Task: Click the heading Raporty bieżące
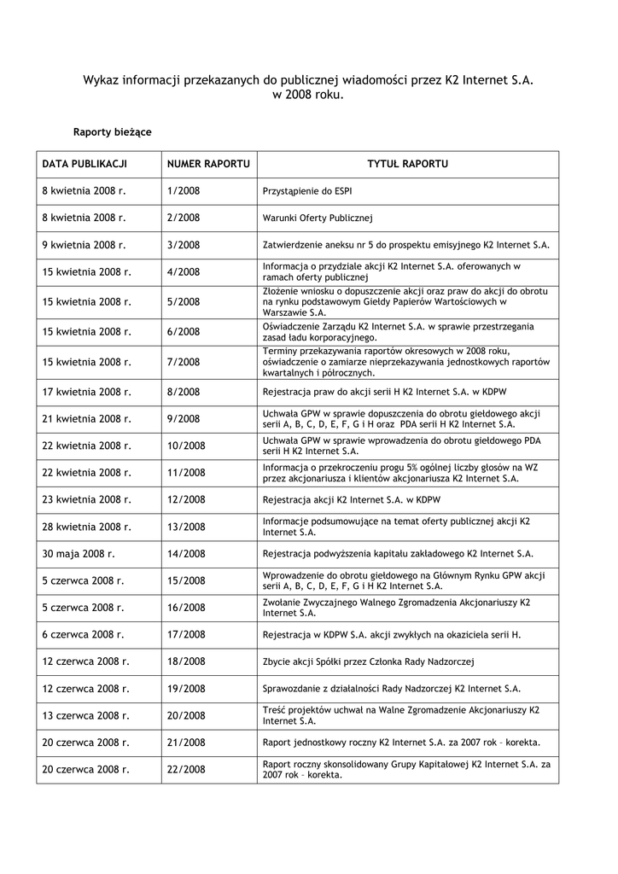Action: point(112,132)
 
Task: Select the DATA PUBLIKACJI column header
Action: point(85,164)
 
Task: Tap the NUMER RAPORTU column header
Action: point(208,164)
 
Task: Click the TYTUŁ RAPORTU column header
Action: point(407,164)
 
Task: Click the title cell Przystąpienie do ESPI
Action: point(307,191)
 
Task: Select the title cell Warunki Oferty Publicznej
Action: point(318,218)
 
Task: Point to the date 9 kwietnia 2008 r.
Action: point(84,245)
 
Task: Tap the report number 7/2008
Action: point(184,362)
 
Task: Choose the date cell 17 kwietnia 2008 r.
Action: point(87,392)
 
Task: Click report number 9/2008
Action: point(184,419)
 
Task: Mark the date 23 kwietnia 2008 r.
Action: point(87,499)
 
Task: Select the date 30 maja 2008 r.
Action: point(79,553)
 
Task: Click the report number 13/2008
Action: point(186,527)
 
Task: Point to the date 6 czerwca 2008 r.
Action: point(83,634)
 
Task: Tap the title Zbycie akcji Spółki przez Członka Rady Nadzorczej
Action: point(368,661)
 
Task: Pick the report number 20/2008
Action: point(186,715)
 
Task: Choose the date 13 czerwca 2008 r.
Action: point(85,715)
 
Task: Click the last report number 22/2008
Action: point(186,769)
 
